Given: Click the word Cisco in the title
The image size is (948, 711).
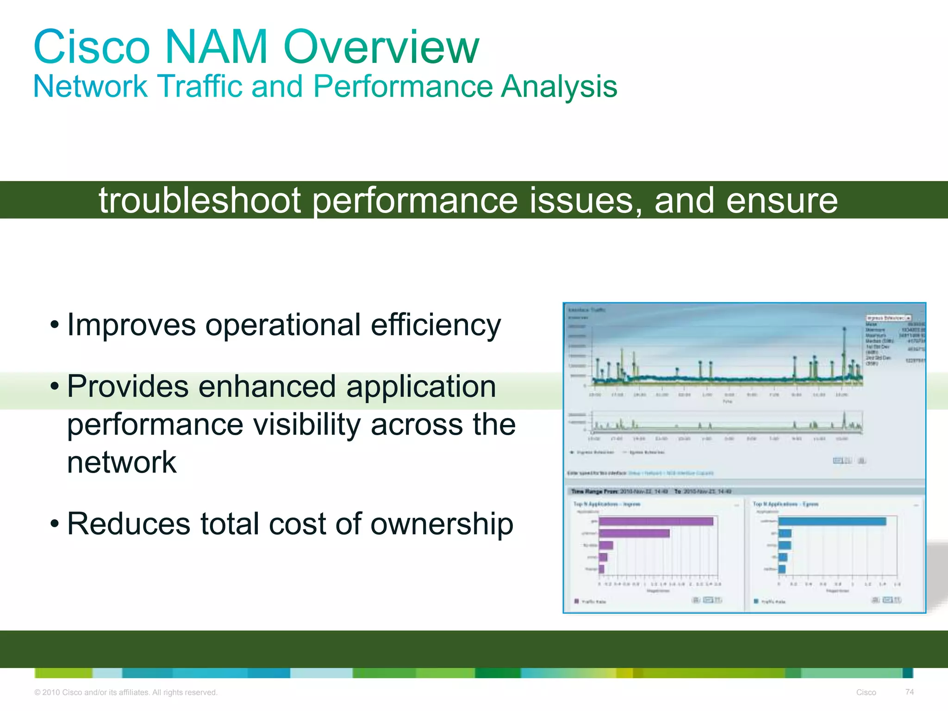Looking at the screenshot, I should point(92,47).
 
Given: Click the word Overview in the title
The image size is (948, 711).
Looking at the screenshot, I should point(381,47).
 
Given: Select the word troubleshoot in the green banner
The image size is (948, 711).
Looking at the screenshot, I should point(200,200).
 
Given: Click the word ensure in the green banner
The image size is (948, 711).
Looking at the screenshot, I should point(782,200).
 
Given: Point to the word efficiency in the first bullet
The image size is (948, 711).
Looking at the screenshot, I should point(436,325).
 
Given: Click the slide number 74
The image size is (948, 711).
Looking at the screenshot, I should point(909,692).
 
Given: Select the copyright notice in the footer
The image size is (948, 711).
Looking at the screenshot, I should point(125,692).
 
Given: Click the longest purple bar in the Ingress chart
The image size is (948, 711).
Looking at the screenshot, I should point(656,522).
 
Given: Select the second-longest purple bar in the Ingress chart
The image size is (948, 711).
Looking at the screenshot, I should point(634,533).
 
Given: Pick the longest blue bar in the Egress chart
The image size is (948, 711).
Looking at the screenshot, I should point(832,522).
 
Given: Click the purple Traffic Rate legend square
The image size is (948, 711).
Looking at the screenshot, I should point(576,601).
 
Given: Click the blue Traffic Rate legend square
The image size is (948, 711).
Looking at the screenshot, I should point(756,601).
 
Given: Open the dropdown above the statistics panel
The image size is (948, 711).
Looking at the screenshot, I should point(888,318).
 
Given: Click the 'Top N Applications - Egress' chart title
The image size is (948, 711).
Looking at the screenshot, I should point(786,504).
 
